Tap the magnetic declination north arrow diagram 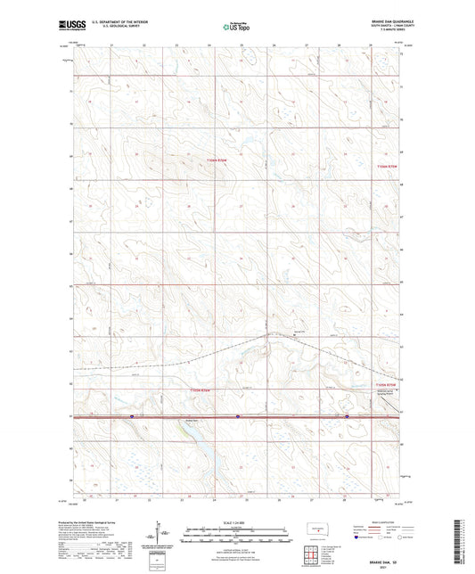click(x=160, y=535)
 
